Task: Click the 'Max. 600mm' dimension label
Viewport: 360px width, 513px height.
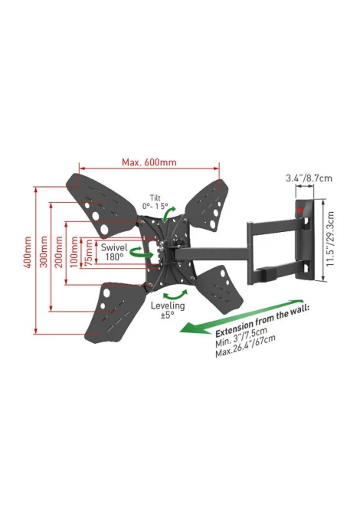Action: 149,162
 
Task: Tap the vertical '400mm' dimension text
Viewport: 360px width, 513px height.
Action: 28,252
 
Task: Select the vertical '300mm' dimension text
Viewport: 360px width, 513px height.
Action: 44,252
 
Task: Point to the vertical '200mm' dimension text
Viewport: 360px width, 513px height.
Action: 58,252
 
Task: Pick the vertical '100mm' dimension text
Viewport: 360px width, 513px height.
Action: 74,252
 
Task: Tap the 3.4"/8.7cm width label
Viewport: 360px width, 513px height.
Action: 309,178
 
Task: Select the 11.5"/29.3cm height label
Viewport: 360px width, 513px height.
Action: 330,238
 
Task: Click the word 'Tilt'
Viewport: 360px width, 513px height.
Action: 155,198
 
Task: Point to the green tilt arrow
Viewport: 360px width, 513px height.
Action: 169,214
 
